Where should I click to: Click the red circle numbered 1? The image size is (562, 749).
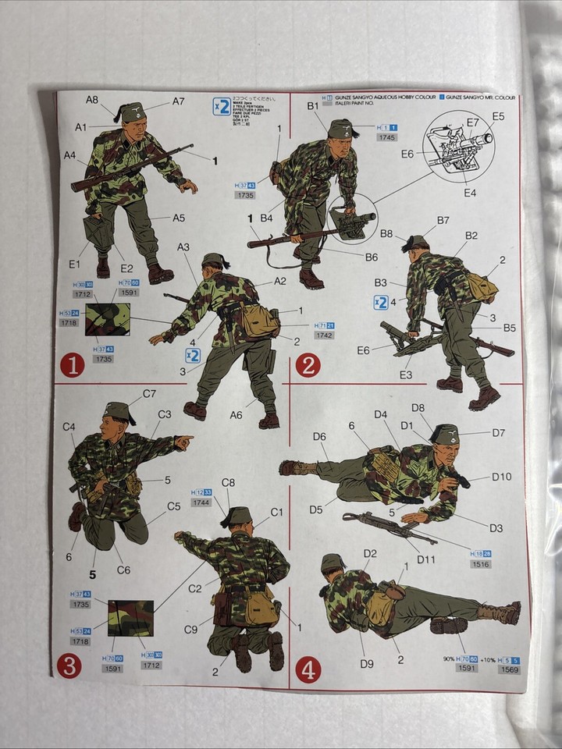click(x=71, y=364)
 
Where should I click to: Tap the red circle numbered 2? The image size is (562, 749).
click(x=308, y=364)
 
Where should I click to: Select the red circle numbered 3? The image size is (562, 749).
click(x=69, y=667)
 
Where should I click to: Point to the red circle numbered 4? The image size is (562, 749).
click(x=308, y=669)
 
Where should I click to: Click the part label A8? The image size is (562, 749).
click(x=92, y=99)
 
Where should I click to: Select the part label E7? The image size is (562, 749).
click(x=472, y=122)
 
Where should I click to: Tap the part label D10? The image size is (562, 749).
click(x=501, y=477)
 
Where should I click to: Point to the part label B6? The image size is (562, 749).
click(x=371, y=257)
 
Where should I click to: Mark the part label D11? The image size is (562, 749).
click(x=425, y=559)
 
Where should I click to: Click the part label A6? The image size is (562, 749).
click(x=236, y=415)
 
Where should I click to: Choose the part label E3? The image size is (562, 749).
click(x=406, y=375)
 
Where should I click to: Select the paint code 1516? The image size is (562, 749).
click(x=481, y=563)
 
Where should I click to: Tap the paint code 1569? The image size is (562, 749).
click(x=510, y=669)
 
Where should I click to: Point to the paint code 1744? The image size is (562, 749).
click(x=201, y=502)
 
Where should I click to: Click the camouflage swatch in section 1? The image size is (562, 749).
click(x=107, y=319)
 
